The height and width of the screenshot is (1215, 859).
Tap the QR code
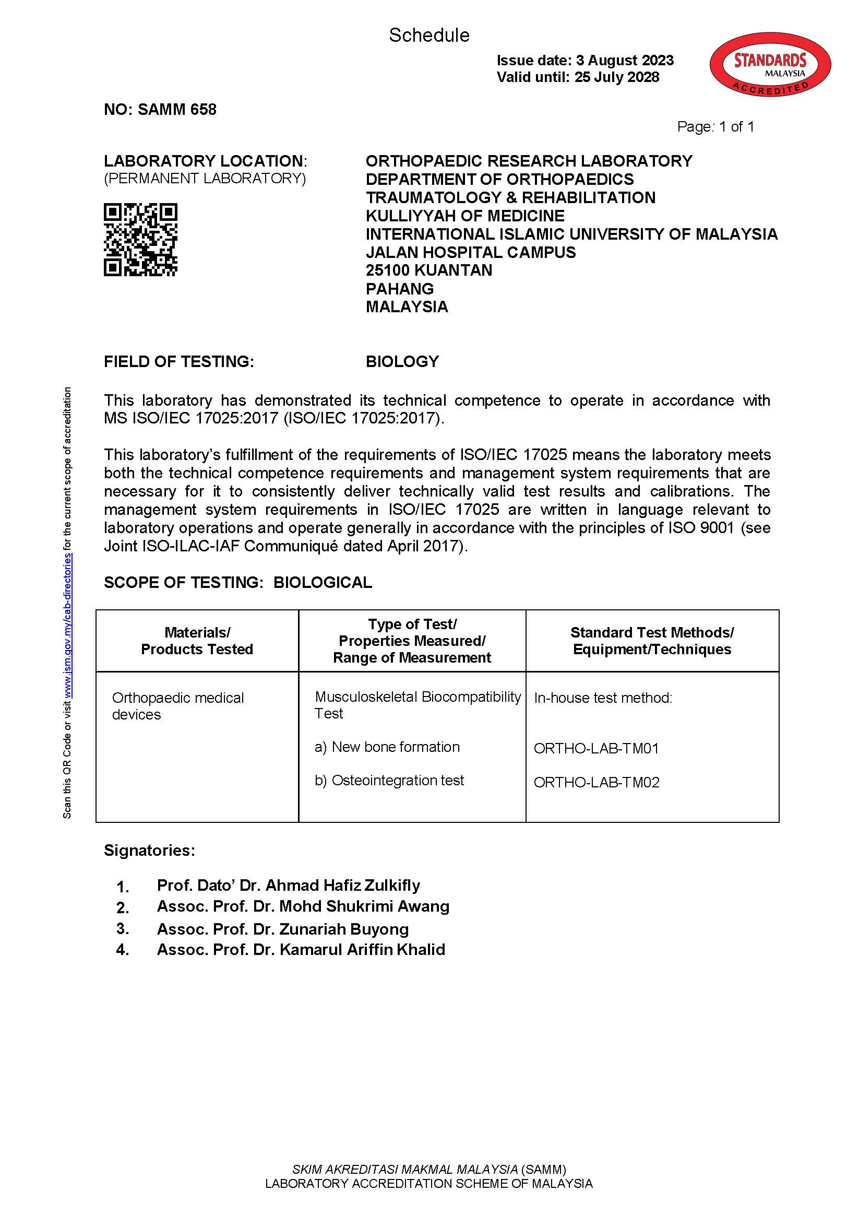pyautogui.click(x=140, y=240)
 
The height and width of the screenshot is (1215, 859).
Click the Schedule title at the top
pyautogui.click(x=429, y=36)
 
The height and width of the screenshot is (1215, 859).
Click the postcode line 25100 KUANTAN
pyautogui.click(x=428, y=270)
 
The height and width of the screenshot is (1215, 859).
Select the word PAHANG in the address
pyautogui.click(x=399, y=289)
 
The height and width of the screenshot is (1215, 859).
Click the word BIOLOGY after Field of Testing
pyautogui.click(x=402, y=361)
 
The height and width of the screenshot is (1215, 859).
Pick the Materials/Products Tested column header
pyautogui.click(x=197, y=641)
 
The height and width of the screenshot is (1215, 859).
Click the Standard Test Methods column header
pyautogui.click(x=652, y=641)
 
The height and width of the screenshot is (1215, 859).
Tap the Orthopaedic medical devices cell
pyautogui.click(x=178, y=706)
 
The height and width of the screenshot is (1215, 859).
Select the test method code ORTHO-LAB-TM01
pyautogui.click(x=596, y=748)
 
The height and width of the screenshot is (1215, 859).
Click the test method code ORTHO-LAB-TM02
pyautogui.click(x=596, y=782)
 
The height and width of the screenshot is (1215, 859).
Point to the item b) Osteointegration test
pyautogui.click(x=389, y=781)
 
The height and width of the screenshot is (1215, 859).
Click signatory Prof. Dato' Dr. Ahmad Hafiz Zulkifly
pyautogui.click(x=288, y=885)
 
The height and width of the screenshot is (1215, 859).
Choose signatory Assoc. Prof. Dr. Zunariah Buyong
pyautogui.click(x=282, y=929)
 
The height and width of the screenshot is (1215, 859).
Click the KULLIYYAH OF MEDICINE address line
pyautogui.click(x=465, y=216)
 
